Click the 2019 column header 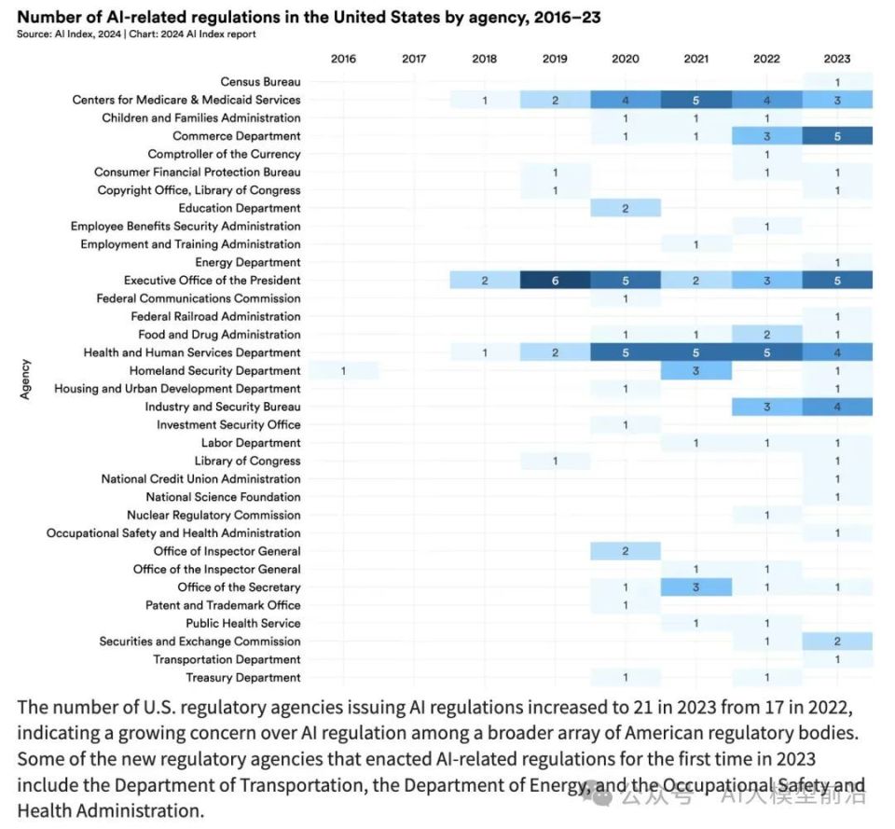(x=555, y=59)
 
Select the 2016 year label (x=343, y=59)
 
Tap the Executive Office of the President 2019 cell (x=555, y=280)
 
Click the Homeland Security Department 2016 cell (x=343, y=370)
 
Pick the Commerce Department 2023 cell (x=837, y=136)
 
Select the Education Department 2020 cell (x=626, y=208)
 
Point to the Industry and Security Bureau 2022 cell (x=766, y=407)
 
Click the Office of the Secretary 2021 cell (x=695, y=587)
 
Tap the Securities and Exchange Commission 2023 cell (x=837, y=642)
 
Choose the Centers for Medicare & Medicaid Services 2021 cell (x=695, y=100)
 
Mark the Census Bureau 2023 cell (x=837, y=82)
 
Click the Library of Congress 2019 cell (x=555, y=461)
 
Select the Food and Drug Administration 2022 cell (x=766, y=335)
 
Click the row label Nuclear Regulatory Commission (x=213, y=515)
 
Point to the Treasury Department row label (x=243, y=678)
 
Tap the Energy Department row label (x=248, y=262)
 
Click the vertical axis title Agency (x=26, y=380)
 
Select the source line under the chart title (x=136, y=35)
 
